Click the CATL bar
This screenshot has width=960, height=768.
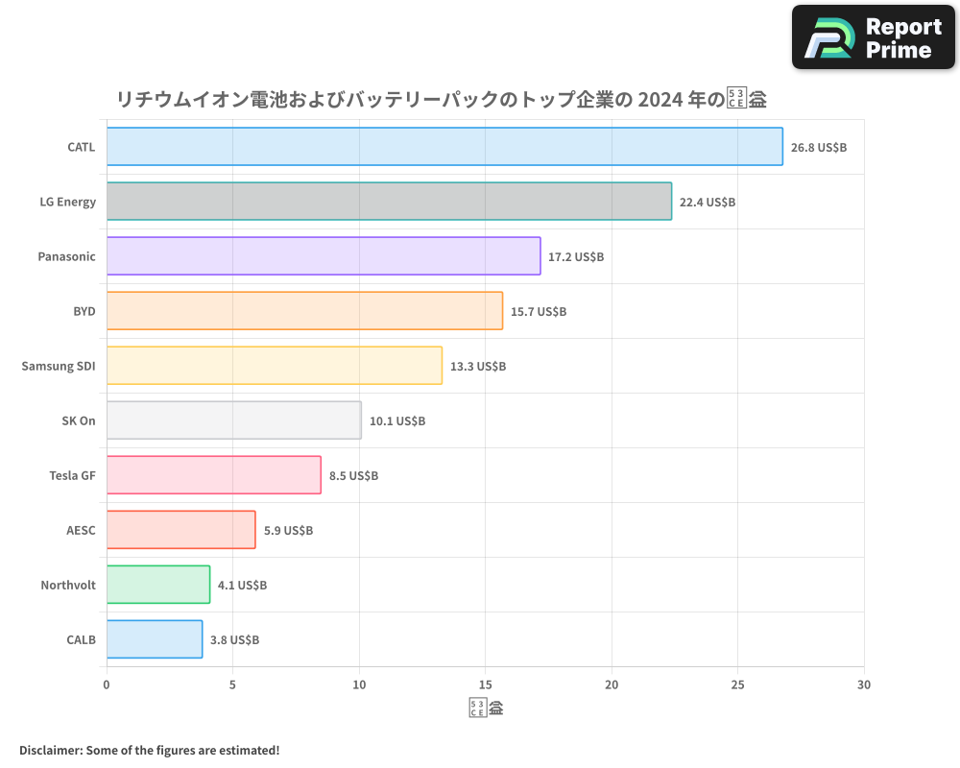pos(444,147)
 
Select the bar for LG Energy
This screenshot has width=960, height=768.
pos(389,202)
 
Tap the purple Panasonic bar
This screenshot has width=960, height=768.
pos(324,256)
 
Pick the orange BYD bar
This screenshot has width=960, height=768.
pos(304,311)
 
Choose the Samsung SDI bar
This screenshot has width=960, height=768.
pos(275,366)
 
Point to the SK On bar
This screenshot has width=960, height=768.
pos(234,420)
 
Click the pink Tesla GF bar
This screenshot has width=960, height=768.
pos(214,475)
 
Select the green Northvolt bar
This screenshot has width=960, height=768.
pos(158,585)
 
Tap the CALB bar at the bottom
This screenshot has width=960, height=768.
pos(155,639)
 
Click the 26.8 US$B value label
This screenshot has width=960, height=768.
pos(818,148)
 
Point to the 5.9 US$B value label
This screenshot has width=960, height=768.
pos(288,531)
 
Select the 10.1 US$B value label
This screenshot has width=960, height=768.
pos(396,421)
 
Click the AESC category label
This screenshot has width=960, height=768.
pos(81,531)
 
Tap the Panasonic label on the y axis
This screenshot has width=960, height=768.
pos(66,256)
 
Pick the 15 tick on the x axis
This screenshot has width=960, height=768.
pos(485,684)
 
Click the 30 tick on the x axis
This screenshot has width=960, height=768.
pos(863,684)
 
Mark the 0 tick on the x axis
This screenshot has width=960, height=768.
pos(107,684)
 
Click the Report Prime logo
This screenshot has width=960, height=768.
pos(874,37)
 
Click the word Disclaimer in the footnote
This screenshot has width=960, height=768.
pos(50,750)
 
